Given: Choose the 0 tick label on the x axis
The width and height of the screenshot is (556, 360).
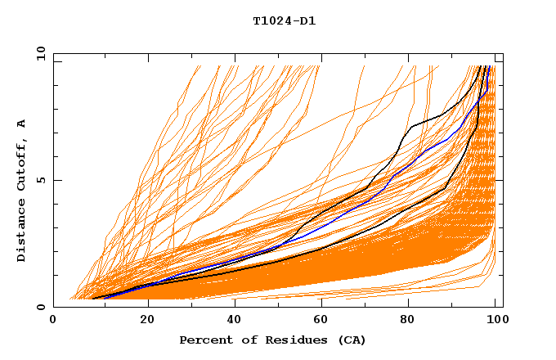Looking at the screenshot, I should pyautogui.click(x=54, y=322).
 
